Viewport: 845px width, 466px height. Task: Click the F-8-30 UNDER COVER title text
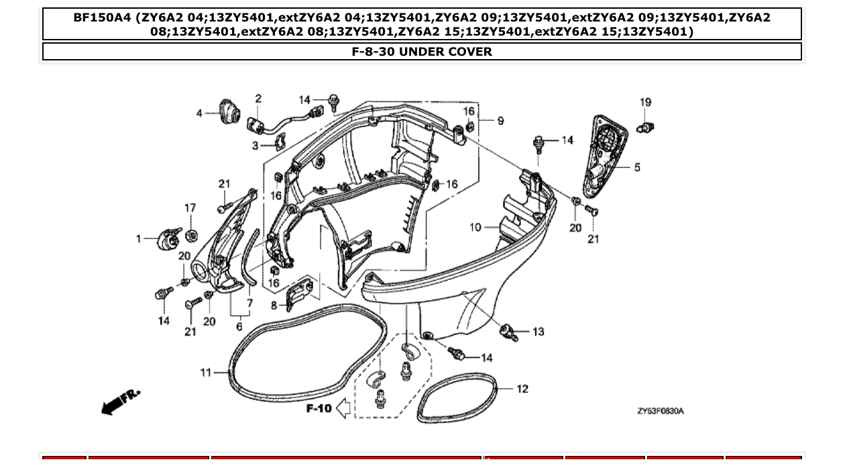[422, 52]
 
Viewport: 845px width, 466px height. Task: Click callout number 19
[645, 103]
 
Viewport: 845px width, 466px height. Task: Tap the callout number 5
[637, 167]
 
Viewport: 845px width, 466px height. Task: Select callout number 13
[539, 332]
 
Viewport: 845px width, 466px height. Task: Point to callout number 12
[522, 389]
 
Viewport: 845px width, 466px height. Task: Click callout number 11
[206, 373]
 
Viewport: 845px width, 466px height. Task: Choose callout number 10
[475, 228]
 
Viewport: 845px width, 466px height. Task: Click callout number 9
[500, 121]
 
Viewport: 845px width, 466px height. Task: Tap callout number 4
[199, 113]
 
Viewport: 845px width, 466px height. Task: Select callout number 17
[190, 207]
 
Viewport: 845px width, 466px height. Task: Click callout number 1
[139, 238]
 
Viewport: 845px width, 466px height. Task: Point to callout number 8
[274, 306]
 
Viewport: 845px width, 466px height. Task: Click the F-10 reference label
[319, 408]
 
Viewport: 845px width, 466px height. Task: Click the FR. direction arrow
[121, 401]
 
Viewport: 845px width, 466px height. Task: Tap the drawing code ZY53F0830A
[661, 411]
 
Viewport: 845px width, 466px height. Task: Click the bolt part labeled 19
[645, 127]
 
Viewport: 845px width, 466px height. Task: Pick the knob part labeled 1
[168, 238]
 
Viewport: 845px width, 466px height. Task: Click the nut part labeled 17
[190, 234]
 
